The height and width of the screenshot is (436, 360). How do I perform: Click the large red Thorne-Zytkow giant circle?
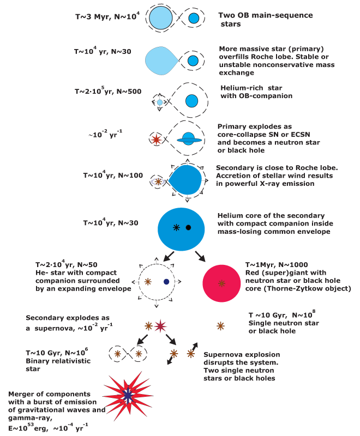(221, 283)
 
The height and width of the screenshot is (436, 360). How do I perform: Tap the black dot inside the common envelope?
(188, 227)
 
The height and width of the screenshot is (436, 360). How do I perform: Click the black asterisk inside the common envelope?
(176, 227)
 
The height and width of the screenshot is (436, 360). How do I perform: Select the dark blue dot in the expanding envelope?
(166, 282)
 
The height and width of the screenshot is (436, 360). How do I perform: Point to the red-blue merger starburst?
(128, 396)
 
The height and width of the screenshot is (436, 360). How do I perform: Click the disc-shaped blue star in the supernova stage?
(189, 139)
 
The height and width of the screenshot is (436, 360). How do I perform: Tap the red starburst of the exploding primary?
(157, 140)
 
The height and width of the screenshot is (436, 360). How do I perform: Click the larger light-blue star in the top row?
(160, 18)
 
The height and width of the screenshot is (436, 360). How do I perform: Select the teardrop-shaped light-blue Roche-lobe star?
(161, 60)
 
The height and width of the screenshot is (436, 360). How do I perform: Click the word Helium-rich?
(242, 88)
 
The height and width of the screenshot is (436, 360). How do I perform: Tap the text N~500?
(129, 92)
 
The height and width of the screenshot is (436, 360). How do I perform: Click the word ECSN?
(299, 135)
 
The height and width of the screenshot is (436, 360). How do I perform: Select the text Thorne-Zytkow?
(293, 289)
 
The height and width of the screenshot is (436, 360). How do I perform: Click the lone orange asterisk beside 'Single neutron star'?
(220, 326)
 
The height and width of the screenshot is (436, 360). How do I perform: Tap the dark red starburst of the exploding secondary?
(160, 326)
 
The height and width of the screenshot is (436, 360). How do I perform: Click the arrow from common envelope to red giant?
(200, 256)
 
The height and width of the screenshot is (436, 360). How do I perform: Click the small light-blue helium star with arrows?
(160, 102)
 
